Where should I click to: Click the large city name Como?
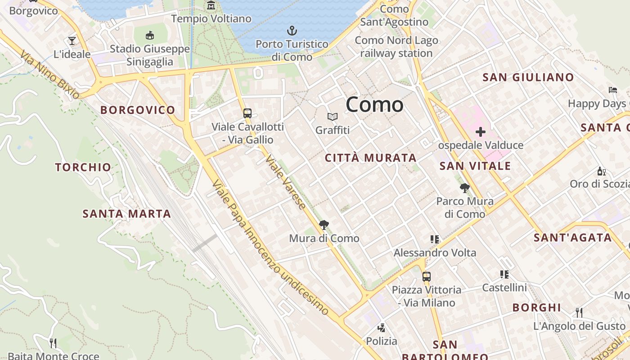coord(374,104)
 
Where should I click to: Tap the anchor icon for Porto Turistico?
coord(292,31)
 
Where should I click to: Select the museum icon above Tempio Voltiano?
coord(211,5)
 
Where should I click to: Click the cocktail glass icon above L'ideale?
coord(72,41)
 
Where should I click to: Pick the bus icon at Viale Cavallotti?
coord(247,113)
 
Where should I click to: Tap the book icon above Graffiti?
coord(333,117)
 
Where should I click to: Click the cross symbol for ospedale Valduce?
coord(481,132)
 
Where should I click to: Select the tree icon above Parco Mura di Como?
coord(465,188)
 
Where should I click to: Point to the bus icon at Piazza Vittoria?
coord(426,276)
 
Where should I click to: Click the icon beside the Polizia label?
coord(382,328)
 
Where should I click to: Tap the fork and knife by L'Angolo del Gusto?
coord(579,312)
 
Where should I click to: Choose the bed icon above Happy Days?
coord(612,90)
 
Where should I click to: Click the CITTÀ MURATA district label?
coord(371,158)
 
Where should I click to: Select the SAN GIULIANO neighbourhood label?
coord(528,77)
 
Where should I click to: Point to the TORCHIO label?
coord(83,167)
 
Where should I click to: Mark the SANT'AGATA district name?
coord(573,238)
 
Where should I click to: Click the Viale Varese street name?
coord(286,182)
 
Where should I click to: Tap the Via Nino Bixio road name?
coord(49,74)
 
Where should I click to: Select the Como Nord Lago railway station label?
coord(396,47)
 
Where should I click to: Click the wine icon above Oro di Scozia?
coord(601,171)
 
